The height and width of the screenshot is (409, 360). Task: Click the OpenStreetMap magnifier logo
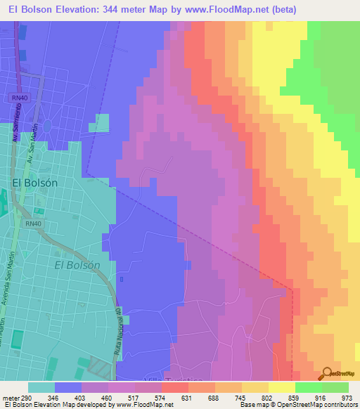click(x=328, y=373)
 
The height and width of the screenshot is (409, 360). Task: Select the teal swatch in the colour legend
click(x=41, y=387)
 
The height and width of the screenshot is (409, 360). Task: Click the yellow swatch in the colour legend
click(x=282, y=387)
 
